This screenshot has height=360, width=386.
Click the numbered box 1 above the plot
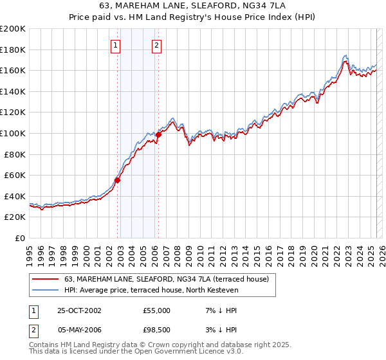click(115, 45)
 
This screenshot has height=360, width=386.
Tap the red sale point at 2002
click(118, 180)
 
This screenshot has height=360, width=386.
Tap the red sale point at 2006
click(158, 134)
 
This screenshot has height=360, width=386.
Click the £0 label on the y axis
click(20, 238)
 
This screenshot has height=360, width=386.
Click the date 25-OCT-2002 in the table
click(79, 310)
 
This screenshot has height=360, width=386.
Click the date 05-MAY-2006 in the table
click(79, 330)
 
